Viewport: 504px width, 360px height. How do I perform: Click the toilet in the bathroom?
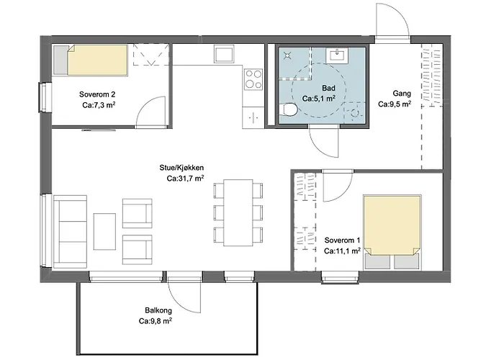pos(288,109)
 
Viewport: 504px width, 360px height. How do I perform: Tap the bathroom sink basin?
pos(336,55)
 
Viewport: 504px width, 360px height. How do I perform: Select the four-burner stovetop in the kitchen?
pos(253,79)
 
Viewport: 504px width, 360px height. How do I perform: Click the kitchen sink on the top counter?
pos(225,53)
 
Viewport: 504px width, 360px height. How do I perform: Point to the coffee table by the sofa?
pos(104,231)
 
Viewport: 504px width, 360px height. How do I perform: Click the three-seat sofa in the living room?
pos(70,231)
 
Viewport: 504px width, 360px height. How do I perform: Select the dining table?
pos(238,213)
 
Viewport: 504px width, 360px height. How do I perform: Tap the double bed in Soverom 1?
pos(392,232)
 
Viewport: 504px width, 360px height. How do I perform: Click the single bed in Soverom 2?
pos(90,60)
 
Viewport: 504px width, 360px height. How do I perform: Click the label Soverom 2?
pos(97,94)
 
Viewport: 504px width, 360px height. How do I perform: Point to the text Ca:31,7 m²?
pos(185,179)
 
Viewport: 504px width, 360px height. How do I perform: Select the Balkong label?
pos(158,310)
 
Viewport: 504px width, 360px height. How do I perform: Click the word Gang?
pos(402,94)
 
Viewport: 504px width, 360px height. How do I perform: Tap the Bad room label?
pos(328,88)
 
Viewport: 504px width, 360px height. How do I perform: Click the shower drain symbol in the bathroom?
pos(287,56)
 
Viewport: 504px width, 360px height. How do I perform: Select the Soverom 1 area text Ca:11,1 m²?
pos(342,251)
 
